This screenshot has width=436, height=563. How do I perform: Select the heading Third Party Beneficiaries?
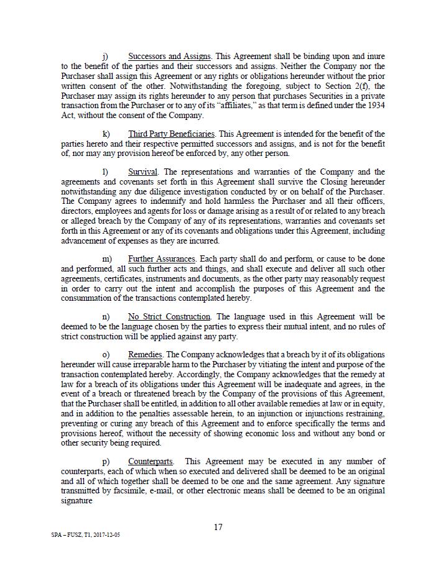click(x=172, y=134)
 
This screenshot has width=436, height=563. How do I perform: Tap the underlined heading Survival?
click(x=143, y=172)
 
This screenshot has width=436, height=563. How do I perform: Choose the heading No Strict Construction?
click(x=169, y=317)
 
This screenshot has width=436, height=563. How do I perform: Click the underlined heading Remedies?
click(x=146, y=355)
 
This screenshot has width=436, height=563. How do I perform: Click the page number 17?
click(x=218, y=527)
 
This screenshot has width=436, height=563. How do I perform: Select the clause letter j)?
click(x=105, y=57)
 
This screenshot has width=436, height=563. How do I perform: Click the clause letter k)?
click(x=106, y=134)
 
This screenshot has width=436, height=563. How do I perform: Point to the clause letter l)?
click(x=105, y=172)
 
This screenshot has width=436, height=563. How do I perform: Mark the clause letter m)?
click(x=107, y=258)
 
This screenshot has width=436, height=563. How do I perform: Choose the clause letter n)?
click(x=106, y=317)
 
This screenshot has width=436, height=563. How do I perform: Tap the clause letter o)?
click(x=106, y=355)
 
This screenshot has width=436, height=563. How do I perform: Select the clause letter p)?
click(x=106, y=461)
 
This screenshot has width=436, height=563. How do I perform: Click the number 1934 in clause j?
click(x=375, y=105)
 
